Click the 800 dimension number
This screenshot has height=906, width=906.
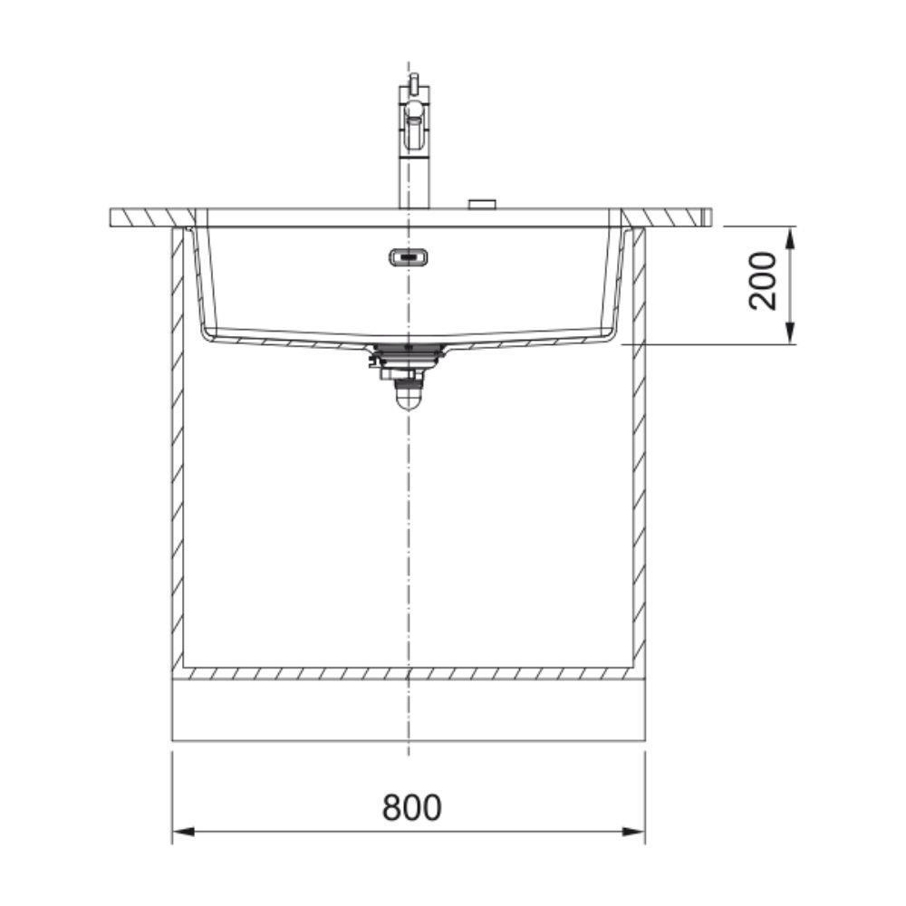[411, 807]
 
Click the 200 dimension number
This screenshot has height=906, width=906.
[763, 282]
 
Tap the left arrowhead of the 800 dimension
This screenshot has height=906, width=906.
[183, 832]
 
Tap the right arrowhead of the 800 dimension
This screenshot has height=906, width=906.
[634, 832]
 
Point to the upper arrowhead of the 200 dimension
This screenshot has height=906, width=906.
[792, 237]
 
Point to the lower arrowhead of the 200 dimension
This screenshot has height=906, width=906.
[792, 333]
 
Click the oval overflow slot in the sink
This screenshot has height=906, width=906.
[409, 257]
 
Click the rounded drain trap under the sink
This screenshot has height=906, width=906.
[409, 396]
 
